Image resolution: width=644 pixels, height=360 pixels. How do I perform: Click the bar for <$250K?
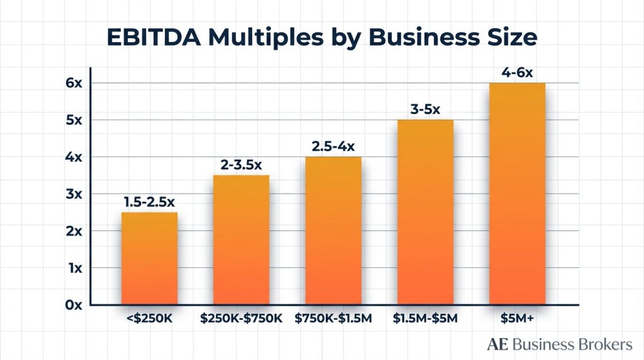(x=150, y=258)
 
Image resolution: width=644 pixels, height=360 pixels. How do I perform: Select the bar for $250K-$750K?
(x=241, y=240)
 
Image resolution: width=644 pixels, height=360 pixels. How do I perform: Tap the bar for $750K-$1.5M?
(x=333, y=230)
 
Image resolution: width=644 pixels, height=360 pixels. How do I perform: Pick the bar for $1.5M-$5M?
(x=425, y=212)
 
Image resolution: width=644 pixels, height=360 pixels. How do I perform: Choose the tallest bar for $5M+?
(x=518, y=194)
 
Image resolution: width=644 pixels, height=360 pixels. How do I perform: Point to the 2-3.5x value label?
(x=241, y=164)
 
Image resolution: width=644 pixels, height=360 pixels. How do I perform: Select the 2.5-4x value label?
(x=333, y=146)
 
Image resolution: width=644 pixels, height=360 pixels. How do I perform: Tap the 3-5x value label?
(x=425, y=109)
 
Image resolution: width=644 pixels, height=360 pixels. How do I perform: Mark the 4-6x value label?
(x=517, y=72)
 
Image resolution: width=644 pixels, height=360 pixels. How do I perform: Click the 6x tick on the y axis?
(x=74, y=83)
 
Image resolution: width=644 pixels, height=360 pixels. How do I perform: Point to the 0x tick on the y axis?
(x=74, y=305)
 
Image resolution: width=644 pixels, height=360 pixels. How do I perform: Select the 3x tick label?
(x=74, y=194)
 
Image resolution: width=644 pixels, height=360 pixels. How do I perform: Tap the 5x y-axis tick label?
(x=74, y=120)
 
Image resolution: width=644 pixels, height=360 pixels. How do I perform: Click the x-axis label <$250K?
(x=150, y=319)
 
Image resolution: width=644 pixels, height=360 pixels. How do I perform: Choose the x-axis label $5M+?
(x=518, y=319)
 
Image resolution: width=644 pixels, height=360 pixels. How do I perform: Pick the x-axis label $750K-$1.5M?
(x=333, y=319)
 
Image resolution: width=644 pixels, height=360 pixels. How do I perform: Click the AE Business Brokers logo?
(x=559, y=344)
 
